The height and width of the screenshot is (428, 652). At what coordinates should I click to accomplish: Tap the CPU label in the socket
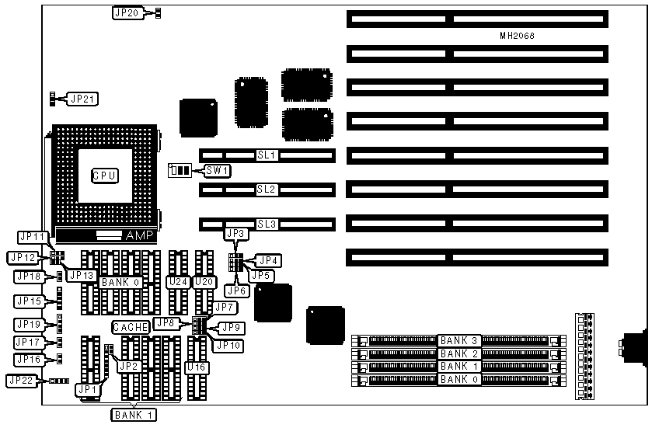[x=105, y=176]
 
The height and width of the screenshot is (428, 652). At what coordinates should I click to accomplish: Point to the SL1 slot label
[x=267, y=155]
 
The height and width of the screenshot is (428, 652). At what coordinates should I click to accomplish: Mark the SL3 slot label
[x=267, y=224]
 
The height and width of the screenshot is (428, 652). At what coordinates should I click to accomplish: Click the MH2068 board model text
[x=518, y=37]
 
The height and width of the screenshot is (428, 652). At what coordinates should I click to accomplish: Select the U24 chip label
[x=179, y=282]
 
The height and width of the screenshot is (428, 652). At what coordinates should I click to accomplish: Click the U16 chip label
[x=196, y=366]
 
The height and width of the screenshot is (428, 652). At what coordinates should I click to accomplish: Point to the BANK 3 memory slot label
[x=458, y=340]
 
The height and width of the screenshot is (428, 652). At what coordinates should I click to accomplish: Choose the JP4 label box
[x=269, y=260]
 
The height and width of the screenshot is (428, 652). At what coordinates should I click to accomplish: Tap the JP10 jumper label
[x=228, y=344]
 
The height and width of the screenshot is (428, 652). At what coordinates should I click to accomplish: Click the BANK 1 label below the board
[x=134, y=414]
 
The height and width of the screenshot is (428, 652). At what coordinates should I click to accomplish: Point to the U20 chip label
[x=204, y=282]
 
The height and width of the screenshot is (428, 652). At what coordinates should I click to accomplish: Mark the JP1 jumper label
[x=88, y=389]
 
